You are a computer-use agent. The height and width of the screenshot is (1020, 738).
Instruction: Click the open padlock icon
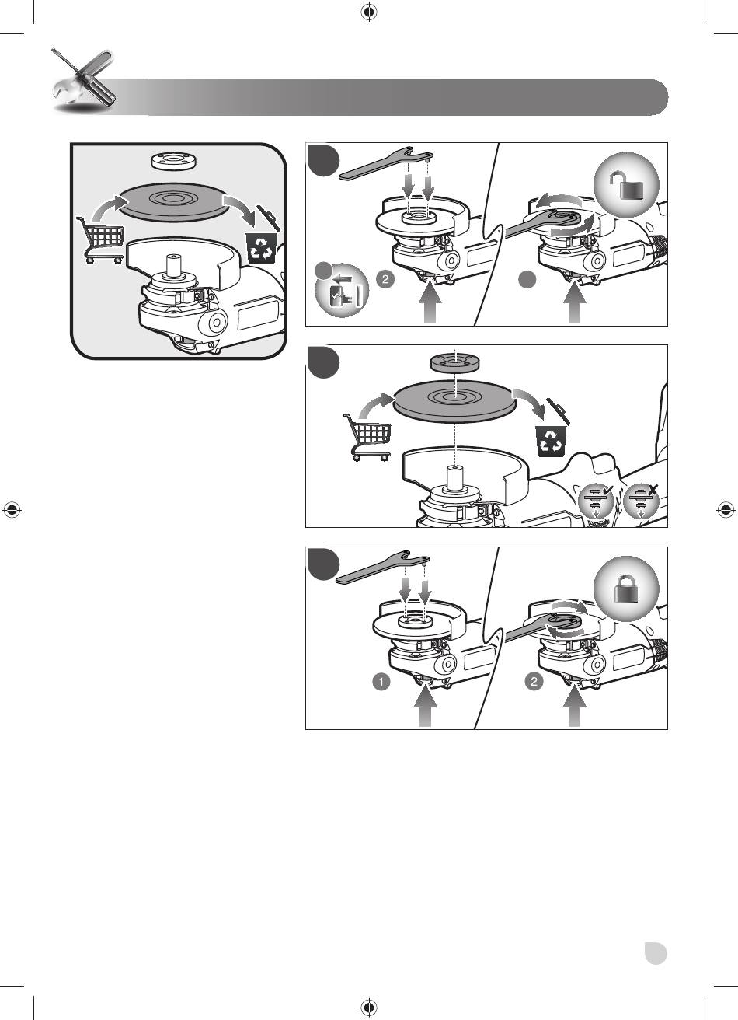(x=626, y=187)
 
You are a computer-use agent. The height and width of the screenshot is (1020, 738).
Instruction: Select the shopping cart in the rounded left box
(x=100, y=239)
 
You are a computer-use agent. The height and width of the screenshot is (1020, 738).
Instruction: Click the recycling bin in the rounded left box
(x=261, y=248)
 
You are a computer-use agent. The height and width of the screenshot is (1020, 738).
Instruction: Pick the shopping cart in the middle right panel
(x=367, y=437)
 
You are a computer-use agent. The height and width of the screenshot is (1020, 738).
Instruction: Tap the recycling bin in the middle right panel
(x=552, y=441)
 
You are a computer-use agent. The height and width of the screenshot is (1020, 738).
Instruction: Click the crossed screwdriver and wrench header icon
(x=83, y=81)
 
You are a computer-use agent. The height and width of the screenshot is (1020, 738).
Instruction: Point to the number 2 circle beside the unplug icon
(x=385, y=279)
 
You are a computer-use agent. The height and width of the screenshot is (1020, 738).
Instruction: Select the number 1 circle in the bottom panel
(x=381, y=682)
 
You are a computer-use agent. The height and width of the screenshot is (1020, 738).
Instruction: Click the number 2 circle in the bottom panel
(x=534, y=682)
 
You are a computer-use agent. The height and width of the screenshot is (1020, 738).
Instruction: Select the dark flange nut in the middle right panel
(x=452, y=362)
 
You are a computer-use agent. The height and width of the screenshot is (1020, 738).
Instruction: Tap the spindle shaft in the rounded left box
(x=174, y=265)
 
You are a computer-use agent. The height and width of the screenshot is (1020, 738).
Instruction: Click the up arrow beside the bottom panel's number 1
(x=426, y=707)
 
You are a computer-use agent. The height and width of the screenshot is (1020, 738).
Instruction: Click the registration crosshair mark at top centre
(x=369, y=12)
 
